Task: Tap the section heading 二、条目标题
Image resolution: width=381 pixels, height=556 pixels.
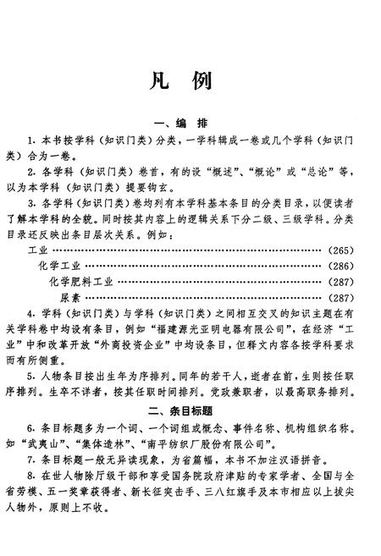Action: (190, 411)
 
